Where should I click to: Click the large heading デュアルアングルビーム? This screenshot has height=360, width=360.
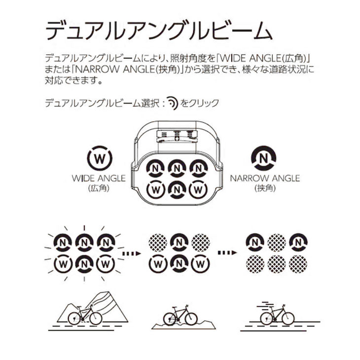point(159,31)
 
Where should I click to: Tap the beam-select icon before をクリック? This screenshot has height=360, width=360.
point(171,103)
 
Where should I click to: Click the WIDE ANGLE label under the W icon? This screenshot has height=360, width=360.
point(99,178)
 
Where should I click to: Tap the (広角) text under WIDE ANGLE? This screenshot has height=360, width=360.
point(99,188)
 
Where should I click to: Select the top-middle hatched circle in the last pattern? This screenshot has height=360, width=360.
point(276,243)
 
